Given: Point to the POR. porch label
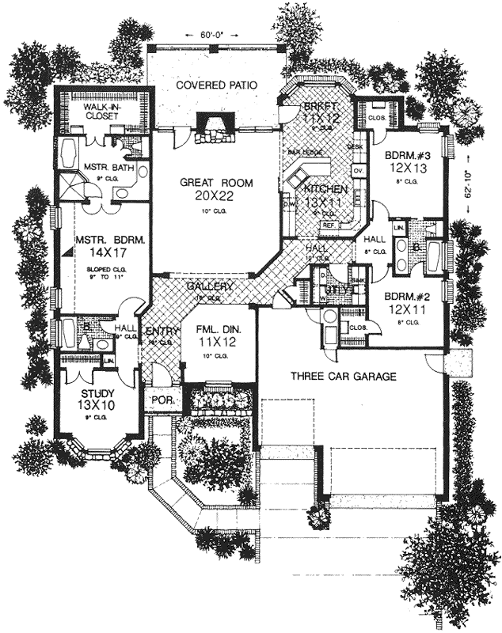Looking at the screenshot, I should pos(162,401).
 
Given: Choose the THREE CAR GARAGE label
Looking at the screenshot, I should pos(342,377).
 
